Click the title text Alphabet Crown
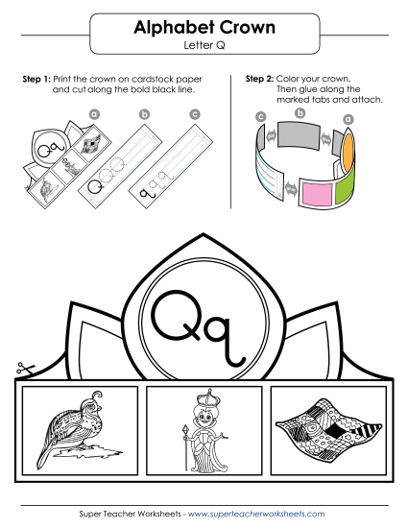click(x=204, y=28)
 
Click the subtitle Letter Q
click(x=204, y=45)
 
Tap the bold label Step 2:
click(x=260, y=79)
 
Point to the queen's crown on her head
click(x=203, y=398)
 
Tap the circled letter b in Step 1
click(x=144, y=112)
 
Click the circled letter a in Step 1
click(x=94, y=112)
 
